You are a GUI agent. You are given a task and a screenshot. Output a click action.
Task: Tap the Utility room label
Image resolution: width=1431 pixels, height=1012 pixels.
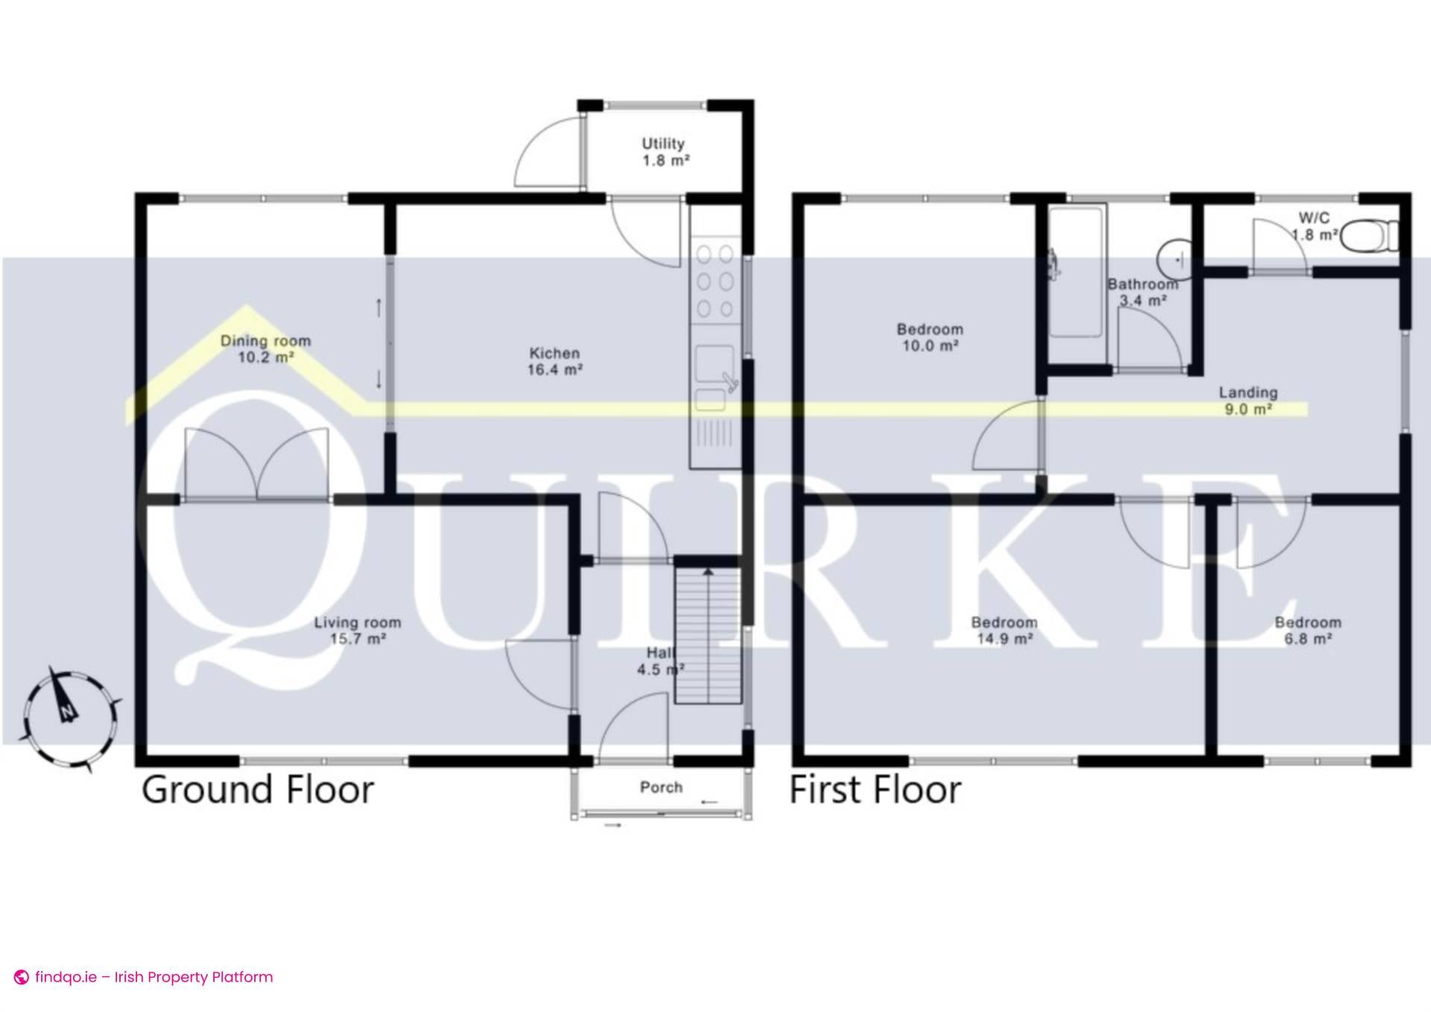(x=664, y=152)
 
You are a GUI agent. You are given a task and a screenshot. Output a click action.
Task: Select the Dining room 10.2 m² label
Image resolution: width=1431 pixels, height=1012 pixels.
(x=265, y=349)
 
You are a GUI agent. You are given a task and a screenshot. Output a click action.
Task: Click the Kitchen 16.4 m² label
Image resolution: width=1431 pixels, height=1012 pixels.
(x=555, y=361)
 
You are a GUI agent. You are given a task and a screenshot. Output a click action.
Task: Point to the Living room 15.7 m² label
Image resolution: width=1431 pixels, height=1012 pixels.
(x=358, y=630)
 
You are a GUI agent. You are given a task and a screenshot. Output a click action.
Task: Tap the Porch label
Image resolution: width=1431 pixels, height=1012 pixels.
(x=661, y=788)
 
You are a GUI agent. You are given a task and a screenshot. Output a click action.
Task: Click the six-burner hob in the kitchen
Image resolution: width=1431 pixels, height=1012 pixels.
(x=715, y=282)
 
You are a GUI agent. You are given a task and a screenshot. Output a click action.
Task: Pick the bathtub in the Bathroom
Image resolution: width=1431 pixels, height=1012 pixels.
(x=1076, y=272)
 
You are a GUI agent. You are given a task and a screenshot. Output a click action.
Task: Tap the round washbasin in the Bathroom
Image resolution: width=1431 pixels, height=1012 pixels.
(x=1175, y=259)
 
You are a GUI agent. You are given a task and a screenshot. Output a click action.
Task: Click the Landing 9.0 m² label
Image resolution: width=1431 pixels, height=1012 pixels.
(x=1248, y=400)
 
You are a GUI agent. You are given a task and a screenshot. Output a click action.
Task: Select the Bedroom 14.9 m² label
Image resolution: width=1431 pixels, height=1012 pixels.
(x=1004, y=630)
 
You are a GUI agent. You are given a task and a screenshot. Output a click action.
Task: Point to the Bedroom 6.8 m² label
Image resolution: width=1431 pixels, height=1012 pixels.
(x=1308, y=630)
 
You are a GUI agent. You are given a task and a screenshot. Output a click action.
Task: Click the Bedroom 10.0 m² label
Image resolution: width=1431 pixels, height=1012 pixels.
(x=929, y=337)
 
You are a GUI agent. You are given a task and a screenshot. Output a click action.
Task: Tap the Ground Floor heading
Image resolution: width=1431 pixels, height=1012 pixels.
(x=257, y=790)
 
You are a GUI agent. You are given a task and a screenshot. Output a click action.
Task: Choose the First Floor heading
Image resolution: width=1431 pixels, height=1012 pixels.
(x=875, y=790)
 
